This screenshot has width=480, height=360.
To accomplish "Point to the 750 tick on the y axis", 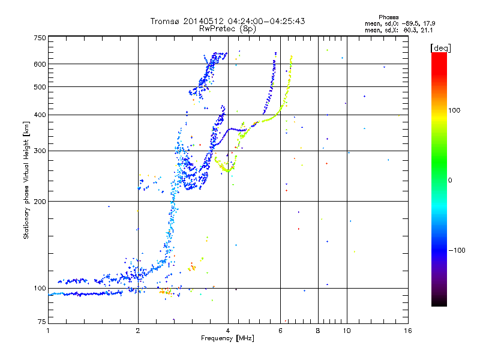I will pos(40,38).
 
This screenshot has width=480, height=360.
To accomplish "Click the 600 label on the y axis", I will pos(40,64).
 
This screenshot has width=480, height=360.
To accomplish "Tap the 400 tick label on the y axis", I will pos(40,115).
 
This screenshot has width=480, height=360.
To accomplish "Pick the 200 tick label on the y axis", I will pos(40,202).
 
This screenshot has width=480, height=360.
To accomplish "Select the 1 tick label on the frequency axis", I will pos(48,331).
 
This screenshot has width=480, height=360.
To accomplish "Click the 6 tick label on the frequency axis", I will pos(280,331).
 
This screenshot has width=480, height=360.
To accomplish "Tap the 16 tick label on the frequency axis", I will pos(407,331).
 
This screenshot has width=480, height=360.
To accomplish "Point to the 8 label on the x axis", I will pos(318,331).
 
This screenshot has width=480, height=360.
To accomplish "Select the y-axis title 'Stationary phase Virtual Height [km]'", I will pos(26,180).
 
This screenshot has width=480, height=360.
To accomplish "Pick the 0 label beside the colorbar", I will pos(451,180).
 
